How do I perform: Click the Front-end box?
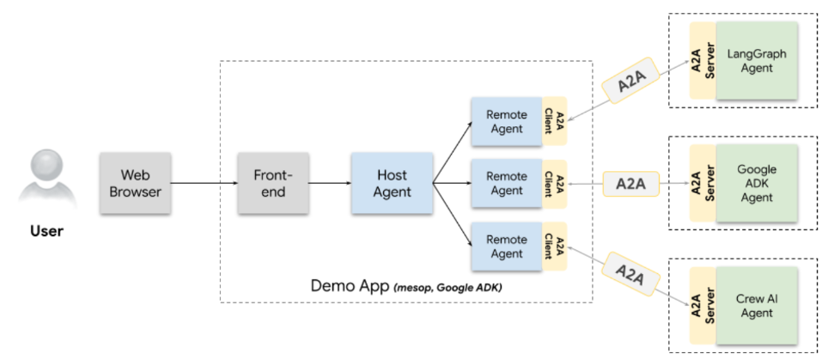[x=273, y=183]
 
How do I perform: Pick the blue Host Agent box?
[x=392, y=183]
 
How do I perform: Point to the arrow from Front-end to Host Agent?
[x=329, y=183]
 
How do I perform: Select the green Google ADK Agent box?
[x=757, y=183]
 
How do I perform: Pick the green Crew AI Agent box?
[x=757, y=306]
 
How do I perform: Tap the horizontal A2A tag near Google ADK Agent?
[x=630, y=183]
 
